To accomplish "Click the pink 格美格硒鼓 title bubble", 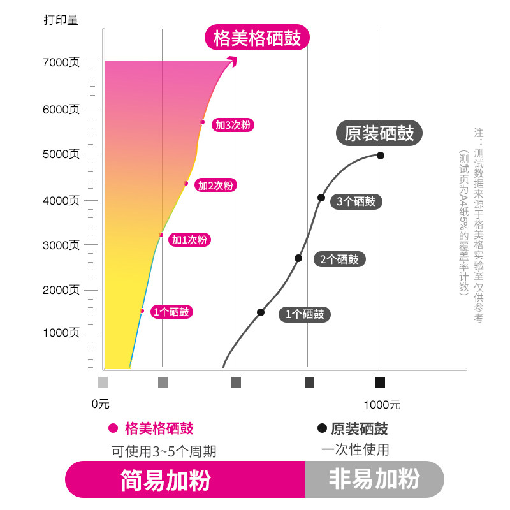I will click(x=257, y=38).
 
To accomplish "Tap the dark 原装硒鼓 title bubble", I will click(x=379, y=133).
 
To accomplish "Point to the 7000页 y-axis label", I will click(x=61, y=62).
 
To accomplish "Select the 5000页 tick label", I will click(x=61, y=154).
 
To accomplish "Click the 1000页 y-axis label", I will click(x=61, y=333).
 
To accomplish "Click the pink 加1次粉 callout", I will click(x=189, y=240).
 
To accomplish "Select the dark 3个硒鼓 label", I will click(x=357, y=201).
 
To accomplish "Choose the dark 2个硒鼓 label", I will click(x=339, y=259).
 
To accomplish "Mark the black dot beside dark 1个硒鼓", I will click(x=261, y=312).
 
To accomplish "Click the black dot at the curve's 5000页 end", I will click(x=381, y=155).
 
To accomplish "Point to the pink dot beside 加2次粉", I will click(x=186, y=184).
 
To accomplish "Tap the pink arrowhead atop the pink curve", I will click(x=233, y=61).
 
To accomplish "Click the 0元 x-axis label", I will click(x=101, y=404).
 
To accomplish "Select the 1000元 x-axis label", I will click(x=382, y=404).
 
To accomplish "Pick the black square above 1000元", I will click(x=380, y=382).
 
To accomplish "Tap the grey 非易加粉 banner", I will click(x=374, y=479).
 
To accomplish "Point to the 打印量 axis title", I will click(x=61, y=20).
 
